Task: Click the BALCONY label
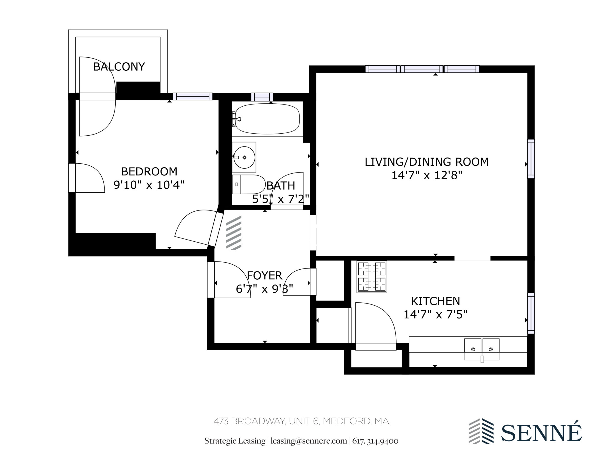pos(119,67)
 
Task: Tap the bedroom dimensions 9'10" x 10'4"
pos(149,185)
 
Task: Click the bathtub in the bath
pos(267,119)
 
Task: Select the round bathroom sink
pos(244,157)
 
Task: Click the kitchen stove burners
pos(372,277)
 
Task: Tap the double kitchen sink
pos(482,349)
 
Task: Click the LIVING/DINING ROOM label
pos(427,162)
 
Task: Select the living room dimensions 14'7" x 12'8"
pos(427,175)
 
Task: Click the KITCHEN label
pos(435,301)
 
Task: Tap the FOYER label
pos(264,276)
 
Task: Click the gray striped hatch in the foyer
pos(234,233)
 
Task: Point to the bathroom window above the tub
pos(262,97)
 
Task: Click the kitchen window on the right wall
pos(531,313)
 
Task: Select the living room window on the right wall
pos(531,159)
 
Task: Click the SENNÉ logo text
pos(541,433)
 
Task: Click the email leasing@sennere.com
pos(309,441)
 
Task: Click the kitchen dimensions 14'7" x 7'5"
pos(435,315)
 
